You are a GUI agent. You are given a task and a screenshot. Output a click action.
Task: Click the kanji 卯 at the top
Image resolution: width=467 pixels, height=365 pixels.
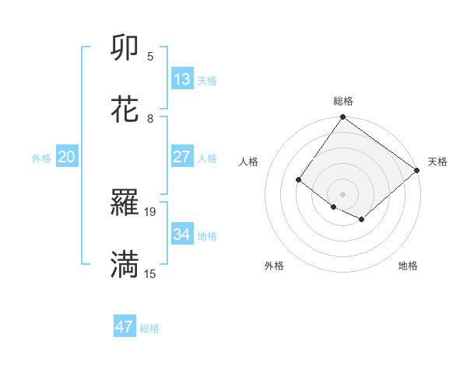click(x=125, y=48)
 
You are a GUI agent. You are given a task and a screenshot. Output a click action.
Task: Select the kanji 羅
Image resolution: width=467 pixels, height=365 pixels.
click(x=125, y=203)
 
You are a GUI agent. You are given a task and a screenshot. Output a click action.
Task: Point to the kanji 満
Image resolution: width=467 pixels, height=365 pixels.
click(x=125, y=265)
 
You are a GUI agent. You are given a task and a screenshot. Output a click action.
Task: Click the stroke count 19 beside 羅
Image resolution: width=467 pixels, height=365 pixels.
click(x=151, y=211)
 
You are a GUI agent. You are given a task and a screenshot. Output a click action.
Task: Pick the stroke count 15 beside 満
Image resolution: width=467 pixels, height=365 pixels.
click(x=151, y=273)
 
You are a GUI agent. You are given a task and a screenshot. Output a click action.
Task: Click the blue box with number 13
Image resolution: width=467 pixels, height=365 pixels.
click(x=182, y=78)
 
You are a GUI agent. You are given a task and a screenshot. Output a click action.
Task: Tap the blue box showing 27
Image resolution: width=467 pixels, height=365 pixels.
click(x=182, y=157)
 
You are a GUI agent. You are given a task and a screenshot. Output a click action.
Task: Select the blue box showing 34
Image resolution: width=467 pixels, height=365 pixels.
click(x=182, y=235)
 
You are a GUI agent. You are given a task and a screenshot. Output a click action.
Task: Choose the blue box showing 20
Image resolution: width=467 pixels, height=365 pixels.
click(x=67, y=157)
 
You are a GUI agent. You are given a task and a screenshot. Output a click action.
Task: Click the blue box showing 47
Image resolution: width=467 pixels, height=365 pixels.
click(x=125, y=327)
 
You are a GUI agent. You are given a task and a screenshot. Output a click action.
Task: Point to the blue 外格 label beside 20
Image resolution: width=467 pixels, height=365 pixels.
click(x=41, y=158)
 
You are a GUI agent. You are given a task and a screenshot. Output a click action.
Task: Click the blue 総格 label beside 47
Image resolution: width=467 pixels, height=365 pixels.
click(x=149, y=328)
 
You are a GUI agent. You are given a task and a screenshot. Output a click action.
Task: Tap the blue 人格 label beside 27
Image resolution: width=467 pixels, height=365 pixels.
click(x=207, y=158)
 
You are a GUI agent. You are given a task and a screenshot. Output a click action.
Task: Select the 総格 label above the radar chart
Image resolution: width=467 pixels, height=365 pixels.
click(x=342, y=101)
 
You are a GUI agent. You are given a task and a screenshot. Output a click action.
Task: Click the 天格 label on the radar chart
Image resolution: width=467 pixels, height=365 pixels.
click(x=437, y=162)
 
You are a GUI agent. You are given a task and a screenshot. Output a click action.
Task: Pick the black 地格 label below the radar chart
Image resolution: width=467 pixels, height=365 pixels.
click(x=408, y=266)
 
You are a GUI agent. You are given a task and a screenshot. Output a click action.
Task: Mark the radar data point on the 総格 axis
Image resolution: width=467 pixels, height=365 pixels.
click(x=342, y=118)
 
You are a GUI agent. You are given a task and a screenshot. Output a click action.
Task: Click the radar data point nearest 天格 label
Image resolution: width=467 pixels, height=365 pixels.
click(x=417, y=171)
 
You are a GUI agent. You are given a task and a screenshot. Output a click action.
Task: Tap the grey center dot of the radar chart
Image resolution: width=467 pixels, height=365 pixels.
click(x=342, y=193)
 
